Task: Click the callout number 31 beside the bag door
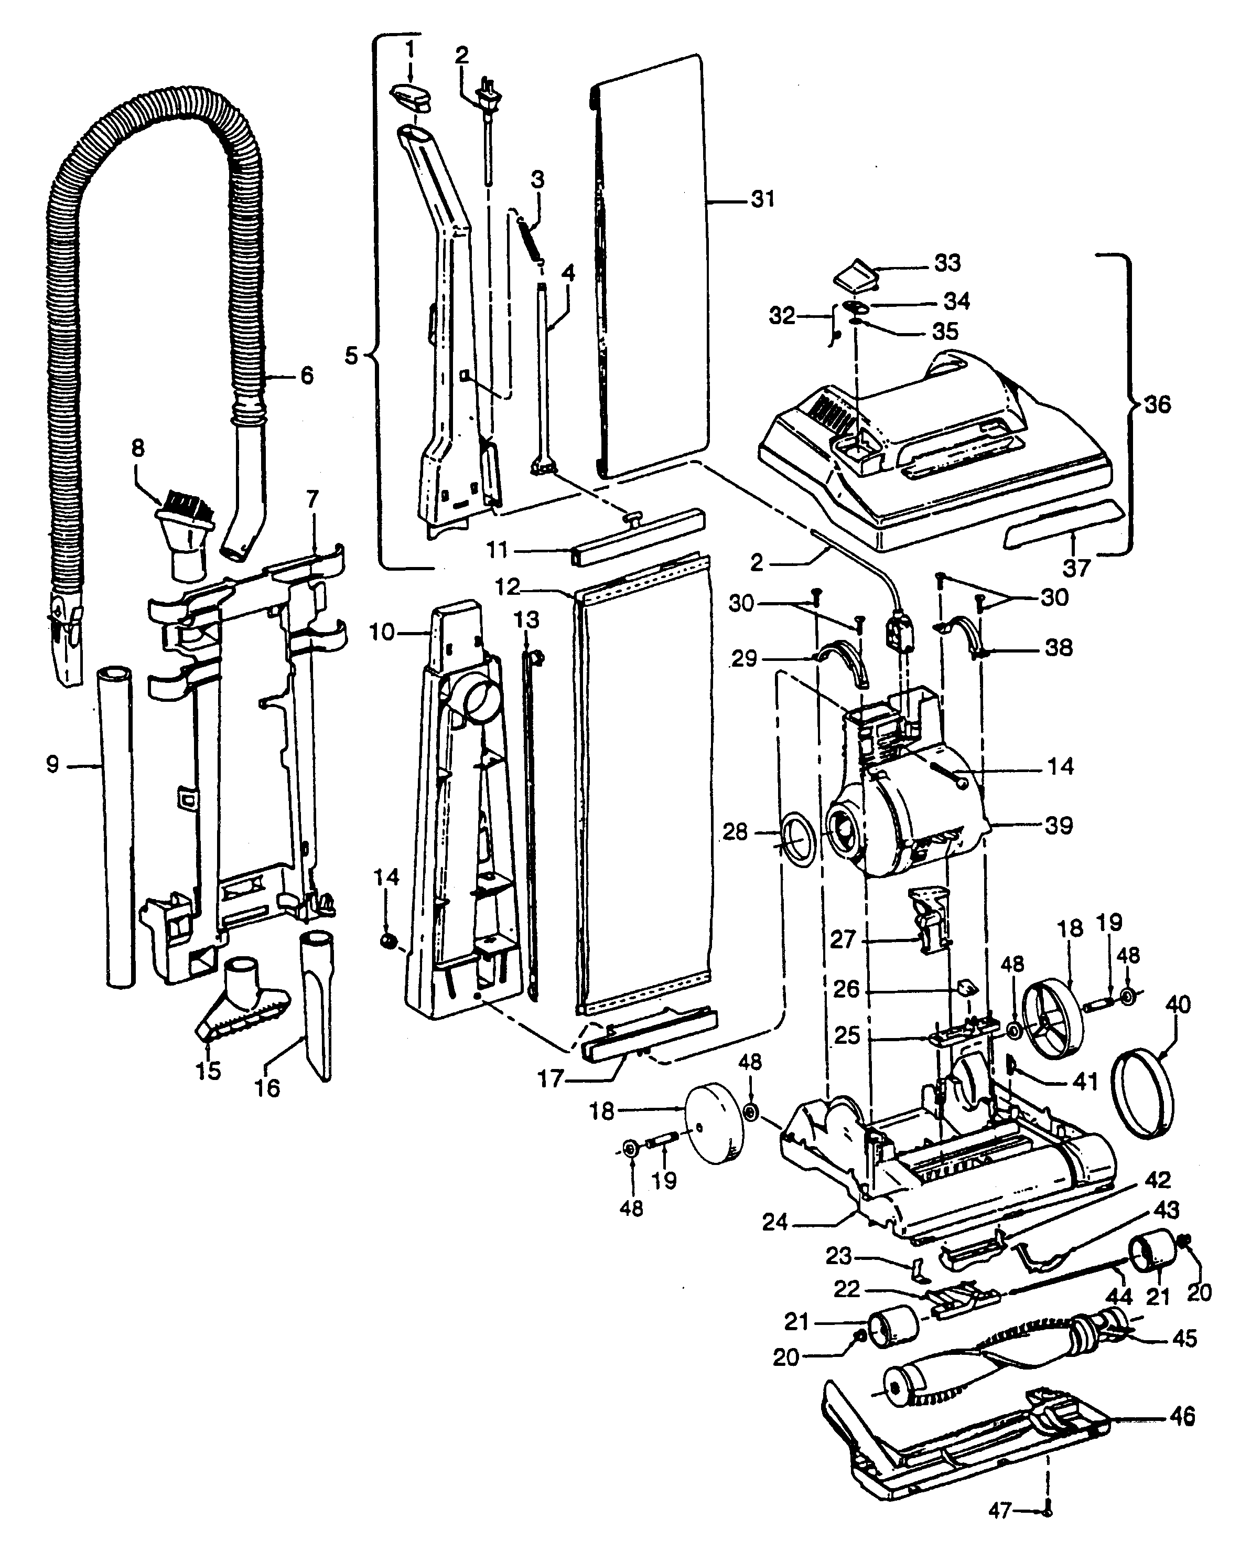[x=763, y=199]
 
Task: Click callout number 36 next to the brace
[x=1157, y=405]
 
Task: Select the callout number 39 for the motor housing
[x=1059, y=826]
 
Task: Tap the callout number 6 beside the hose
[x=307, y=376]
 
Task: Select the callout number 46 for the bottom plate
[x=1182, y=1416]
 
